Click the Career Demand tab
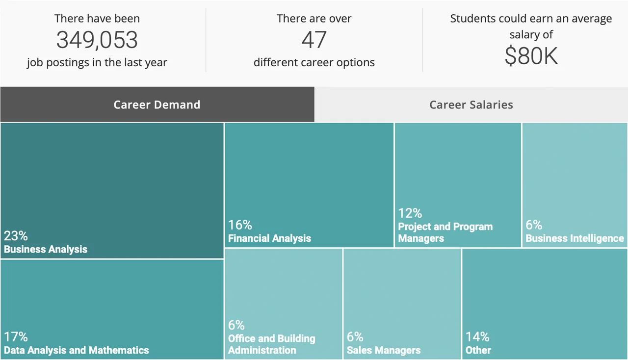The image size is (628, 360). coord(157,104)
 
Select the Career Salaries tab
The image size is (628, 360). coord(471,104)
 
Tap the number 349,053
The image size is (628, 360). coord(97,40)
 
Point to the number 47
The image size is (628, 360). coord(314,40)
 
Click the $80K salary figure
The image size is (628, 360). coord(531,56)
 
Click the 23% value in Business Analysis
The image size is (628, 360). coord(16,236)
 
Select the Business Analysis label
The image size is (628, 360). coord(46,249)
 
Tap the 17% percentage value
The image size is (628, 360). coord(16,337)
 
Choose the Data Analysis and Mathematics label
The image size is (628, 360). coord(77,350)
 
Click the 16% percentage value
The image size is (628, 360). coord(240,225)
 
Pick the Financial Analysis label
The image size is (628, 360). coord(269,238)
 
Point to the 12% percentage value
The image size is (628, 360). coord(410,213)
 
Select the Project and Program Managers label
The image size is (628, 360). coord(445,232)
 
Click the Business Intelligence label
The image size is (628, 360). coord(575,238)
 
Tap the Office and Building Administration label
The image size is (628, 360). coord(271,344)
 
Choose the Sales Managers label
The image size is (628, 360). coord(384,350)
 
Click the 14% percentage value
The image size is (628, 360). coord(477,337)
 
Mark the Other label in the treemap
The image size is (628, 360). coord(478,350)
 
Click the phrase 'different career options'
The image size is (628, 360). coord(314,63)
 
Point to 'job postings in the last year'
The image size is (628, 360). coord(97,63)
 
